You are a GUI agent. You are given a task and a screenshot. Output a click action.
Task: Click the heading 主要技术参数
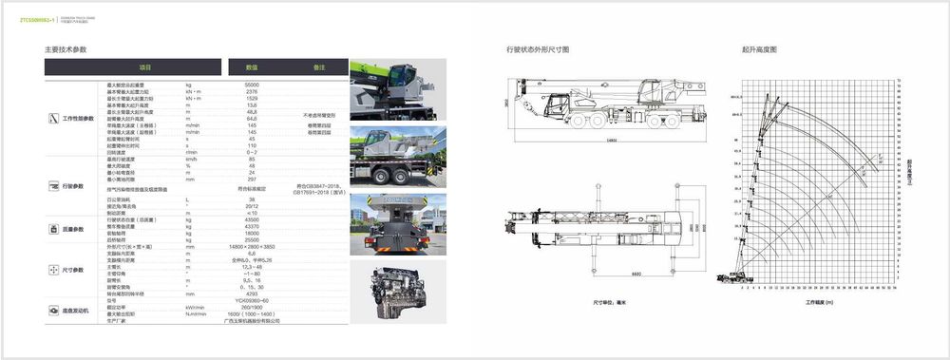(66, 48)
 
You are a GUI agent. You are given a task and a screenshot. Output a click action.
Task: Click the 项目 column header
(145, 67)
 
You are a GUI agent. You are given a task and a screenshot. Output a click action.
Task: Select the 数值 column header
(252, 67)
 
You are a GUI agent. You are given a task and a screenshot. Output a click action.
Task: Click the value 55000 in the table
(252, 85)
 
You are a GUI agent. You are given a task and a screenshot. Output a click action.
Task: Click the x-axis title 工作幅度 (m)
(819, 302)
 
